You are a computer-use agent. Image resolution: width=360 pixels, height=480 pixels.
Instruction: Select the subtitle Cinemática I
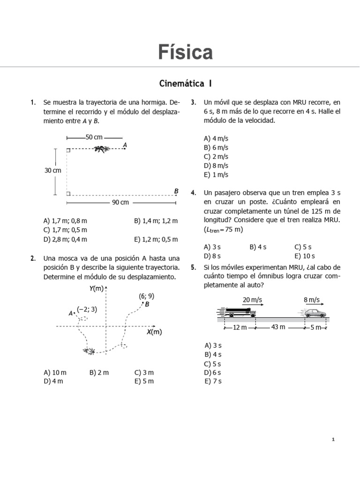[x=185, y=84]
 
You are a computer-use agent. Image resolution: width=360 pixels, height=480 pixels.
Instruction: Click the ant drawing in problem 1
[x=100, y=150]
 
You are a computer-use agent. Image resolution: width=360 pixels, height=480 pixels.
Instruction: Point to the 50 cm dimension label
[x=94, y=137]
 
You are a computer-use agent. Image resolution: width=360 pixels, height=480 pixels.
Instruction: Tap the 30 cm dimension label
[x=53, y=171]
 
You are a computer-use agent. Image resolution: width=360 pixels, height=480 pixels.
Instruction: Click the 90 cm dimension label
[x=120, y=202]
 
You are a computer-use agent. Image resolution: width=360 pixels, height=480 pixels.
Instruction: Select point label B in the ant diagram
[x=176, y=191]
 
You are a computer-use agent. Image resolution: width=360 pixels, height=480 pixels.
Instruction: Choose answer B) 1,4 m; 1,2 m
[x=156, y=221]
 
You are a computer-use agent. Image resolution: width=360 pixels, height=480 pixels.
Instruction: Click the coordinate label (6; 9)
[x=146, y=296]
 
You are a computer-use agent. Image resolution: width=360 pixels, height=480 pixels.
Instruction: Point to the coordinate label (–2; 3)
[x=87, y=309]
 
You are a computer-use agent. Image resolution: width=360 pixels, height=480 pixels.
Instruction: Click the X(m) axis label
[x=154, y=332]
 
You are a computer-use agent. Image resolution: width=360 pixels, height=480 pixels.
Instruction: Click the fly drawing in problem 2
[x=88, y=351]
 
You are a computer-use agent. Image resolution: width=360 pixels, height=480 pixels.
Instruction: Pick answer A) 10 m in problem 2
[x=55, y=372]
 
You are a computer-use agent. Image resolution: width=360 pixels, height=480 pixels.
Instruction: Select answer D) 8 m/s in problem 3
[x=216, y=165]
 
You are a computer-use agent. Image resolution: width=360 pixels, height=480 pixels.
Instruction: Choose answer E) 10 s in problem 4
[x=305, y=256]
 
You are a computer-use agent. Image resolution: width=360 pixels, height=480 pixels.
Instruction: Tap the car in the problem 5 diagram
[x=313, y=313]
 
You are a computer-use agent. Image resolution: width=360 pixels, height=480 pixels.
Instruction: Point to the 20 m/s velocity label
[x=252, y=300]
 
